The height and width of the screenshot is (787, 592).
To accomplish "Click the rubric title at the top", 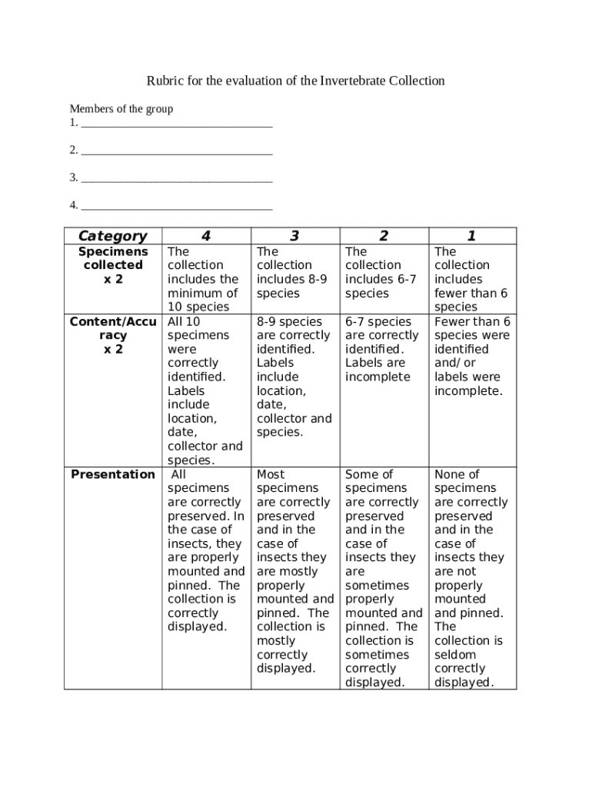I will [296, 81].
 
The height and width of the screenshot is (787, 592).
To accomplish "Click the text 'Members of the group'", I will [121, 109].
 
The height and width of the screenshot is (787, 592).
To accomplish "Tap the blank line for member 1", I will [176, 123].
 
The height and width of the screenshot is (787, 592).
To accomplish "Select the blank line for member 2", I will [176, 151].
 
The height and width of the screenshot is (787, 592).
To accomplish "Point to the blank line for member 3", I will [176, 178].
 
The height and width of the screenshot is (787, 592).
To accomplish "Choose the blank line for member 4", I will [176, 206].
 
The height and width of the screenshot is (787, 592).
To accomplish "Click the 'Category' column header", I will [113, 236].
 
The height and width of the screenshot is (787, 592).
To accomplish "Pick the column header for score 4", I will [206, 236].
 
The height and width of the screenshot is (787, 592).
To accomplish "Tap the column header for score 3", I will [294, 236].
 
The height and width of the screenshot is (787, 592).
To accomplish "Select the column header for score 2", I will [384, 236].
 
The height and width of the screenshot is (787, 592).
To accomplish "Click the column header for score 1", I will [472, 236].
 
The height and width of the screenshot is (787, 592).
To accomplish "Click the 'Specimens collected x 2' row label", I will [113, 265].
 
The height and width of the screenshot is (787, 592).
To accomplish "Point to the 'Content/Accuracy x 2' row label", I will [113, 335].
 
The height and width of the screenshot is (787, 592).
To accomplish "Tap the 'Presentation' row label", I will [113, 474].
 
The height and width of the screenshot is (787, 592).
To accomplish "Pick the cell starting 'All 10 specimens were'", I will [205, 390].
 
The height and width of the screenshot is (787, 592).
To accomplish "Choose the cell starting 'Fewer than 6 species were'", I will [472, 356].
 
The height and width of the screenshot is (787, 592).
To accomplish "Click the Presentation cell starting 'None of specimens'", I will [471, 578].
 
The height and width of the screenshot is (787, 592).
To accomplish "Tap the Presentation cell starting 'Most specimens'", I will [294, 571].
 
